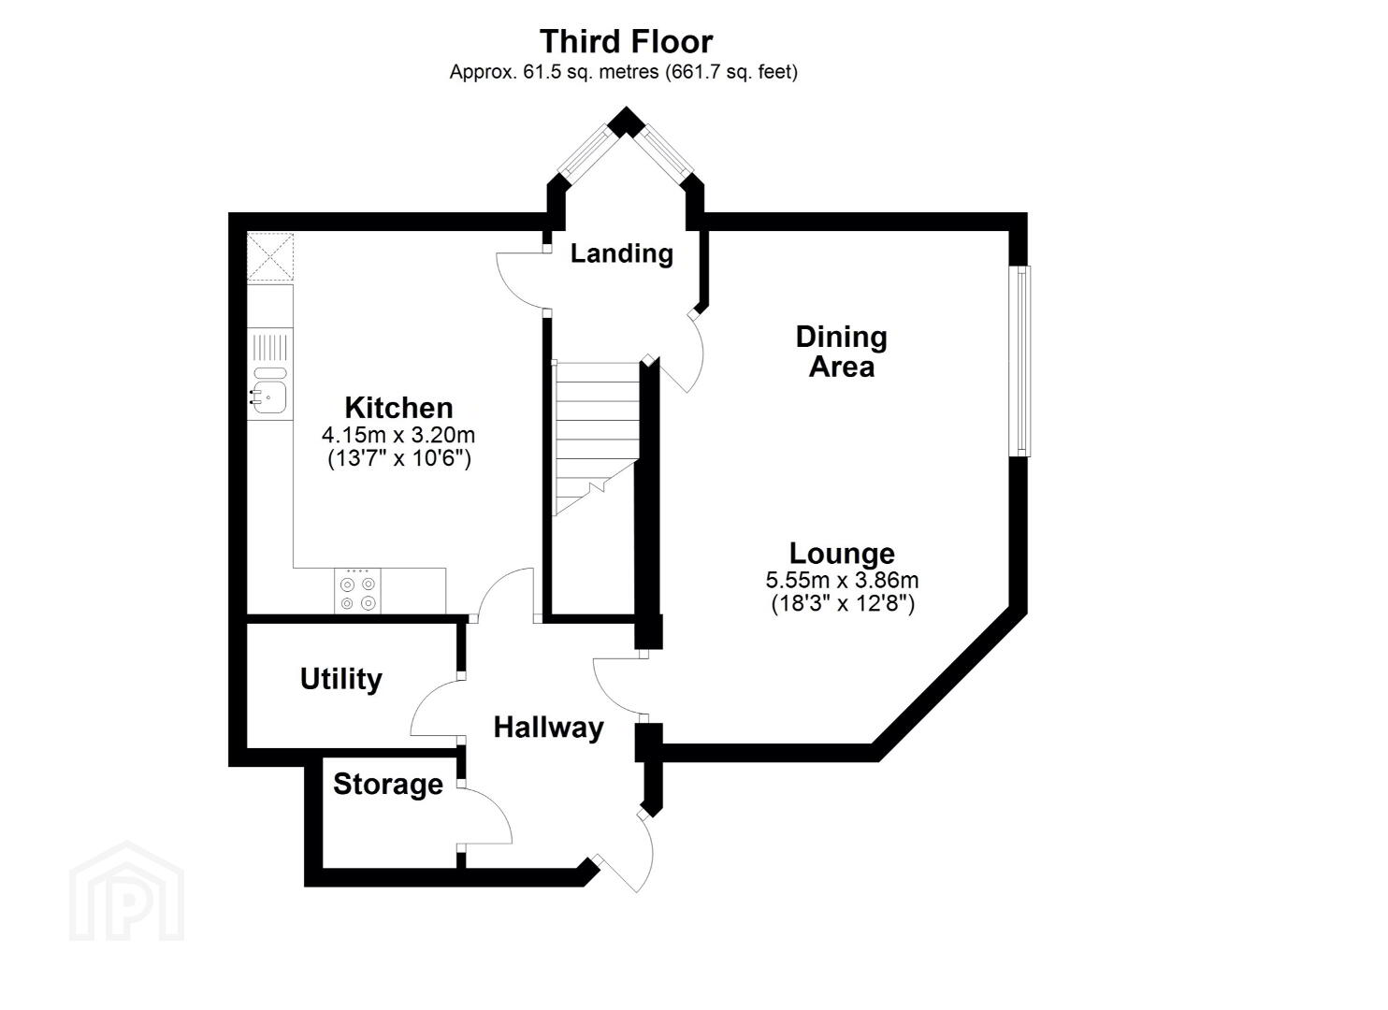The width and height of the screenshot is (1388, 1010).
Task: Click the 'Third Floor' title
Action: (x=626, y=41)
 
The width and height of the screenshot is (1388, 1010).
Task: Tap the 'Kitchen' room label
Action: (x=399, y=409)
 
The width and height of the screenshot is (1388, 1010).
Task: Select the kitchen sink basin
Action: (x=270, y=397)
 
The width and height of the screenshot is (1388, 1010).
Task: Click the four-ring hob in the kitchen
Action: (x=358, y=591)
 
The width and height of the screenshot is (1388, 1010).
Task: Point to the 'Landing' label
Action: (x=621, y=253)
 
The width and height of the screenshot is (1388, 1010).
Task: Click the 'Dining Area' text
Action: (x=842, y=352)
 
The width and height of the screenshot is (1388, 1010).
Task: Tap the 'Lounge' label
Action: (x=842, y=554)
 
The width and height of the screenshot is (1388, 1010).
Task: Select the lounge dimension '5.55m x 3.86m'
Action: (x=842, y=580)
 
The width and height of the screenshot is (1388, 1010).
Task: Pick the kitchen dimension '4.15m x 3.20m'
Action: (x=398, y=435)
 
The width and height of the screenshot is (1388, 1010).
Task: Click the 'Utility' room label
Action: (x=340, y=679)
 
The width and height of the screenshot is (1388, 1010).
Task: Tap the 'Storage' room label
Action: (x=388, y=785)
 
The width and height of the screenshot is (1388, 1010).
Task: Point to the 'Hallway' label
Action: (x=548, y=728)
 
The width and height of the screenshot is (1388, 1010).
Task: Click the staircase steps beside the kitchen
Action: (x=596, y=438)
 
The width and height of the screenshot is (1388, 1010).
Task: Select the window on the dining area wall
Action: (x=1019, y=361)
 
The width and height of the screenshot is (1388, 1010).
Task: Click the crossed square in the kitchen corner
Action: (x=270, y=257)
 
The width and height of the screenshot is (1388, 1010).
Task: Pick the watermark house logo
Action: (x=127, y=890)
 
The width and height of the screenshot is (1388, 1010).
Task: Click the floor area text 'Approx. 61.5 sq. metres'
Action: (x=554, y=73)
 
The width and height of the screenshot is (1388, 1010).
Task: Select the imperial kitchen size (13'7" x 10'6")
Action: (x=399, y=458)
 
